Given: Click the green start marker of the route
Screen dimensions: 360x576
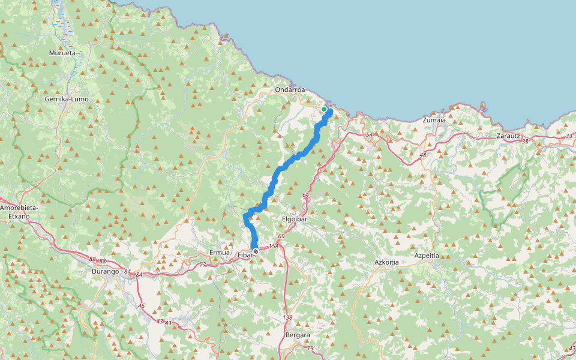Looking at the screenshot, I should click(x=324, y=109).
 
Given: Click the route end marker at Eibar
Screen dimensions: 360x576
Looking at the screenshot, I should click(x=256, y=251).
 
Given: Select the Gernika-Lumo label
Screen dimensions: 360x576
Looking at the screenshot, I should click(x=67, y=99).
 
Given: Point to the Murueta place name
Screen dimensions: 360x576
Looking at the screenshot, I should click(x=62, y=53).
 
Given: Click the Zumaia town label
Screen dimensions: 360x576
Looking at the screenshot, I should click(x=434, y=120).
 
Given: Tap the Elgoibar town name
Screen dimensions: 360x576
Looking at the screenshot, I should click(x=295, y=220).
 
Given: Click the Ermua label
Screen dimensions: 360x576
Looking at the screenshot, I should click(x=219, y=253).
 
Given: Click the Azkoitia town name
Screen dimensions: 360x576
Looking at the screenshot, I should click(x=387, y=263).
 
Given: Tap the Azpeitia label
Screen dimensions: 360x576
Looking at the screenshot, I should click(x=427, y=256).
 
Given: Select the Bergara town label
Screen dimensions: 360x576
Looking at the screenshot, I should click(x=298, y=335).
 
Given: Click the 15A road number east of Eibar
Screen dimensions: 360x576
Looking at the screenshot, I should click(x=274, y=246).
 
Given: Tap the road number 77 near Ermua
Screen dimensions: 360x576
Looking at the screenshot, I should click(x=202, y=265).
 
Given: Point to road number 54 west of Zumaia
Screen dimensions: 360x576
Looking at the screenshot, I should click(x=369, y=136).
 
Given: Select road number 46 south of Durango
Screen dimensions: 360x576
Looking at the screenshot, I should click(x=142, y=306).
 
